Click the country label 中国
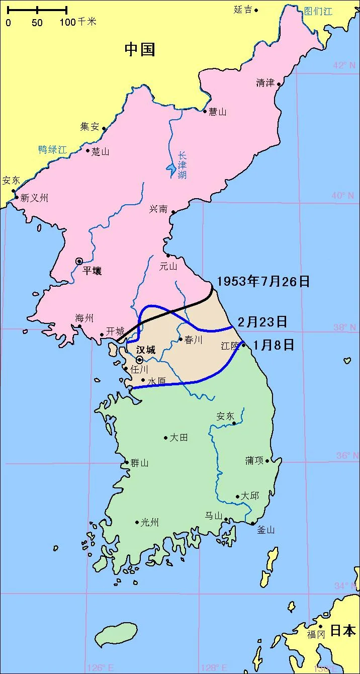point(140,49)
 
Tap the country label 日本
point(343,630)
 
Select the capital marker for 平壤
point(79,261)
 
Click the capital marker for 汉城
point(139,360)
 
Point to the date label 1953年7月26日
point(263,281)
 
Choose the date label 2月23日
point(262,321)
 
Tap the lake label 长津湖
point(182,165)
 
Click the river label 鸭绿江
point(52,149)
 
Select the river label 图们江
point(318,11)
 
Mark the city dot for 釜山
point(253,523)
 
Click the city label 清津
point(265,83)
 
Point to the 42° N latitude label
point(344,65)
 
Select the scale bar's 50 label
point(37,23)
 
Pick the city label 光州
point(149,523)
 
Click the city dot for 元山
point(168,256)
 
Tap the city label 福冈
point(316,635)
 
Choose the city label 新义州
point(34,198)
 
